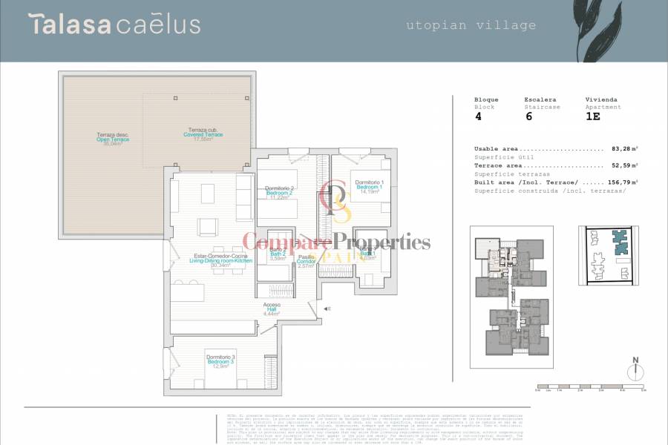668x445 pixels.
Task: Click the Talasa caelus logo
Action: pyautogui.click(x=114, y=24)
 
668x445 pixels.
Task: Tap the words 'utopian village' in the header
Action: pyautogui.click(x=471, y=25)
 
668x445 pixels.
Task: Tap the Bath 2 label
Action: pyautogui.click(x=278, y=255)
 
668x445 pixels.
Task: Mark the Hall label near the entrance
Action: pyautogui.click(x=271, y=309)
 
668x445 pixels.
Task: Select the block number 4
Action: pyautogui.click(x=477, y=116)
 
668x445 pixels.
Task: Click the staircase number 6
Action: pyautogui.click(x=528, y=116)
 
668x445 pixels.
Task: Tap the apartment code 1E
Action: pyautogui.click(x=592, y=116)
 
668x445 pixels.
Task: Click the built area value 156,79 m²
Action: pyautogui.click(x=620, y=182)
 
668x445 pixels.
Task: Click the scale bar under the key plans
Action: pyautogui.click(x=592, y=386)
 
